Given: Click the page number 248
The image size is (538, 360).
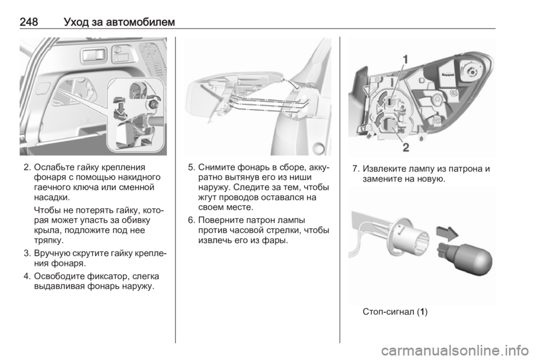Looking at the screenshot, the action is (29, 22).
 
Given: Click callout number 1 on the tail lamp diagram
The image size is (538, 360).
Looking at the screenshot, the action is (405, 59).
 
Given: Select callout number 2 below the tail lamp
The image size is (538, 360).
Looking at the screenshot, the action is (406, 147).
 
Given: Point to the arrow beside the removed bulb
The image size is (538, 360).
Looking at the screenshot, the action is (447, 233).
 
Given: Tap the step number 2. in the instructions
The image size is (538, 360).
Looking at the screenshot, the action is (27, 168).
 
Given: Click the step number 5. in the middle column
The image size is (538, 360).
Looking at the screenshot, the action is (192, 168).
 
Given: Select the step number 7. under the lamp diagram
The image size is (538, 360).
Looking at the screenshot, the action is (356, 169).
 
